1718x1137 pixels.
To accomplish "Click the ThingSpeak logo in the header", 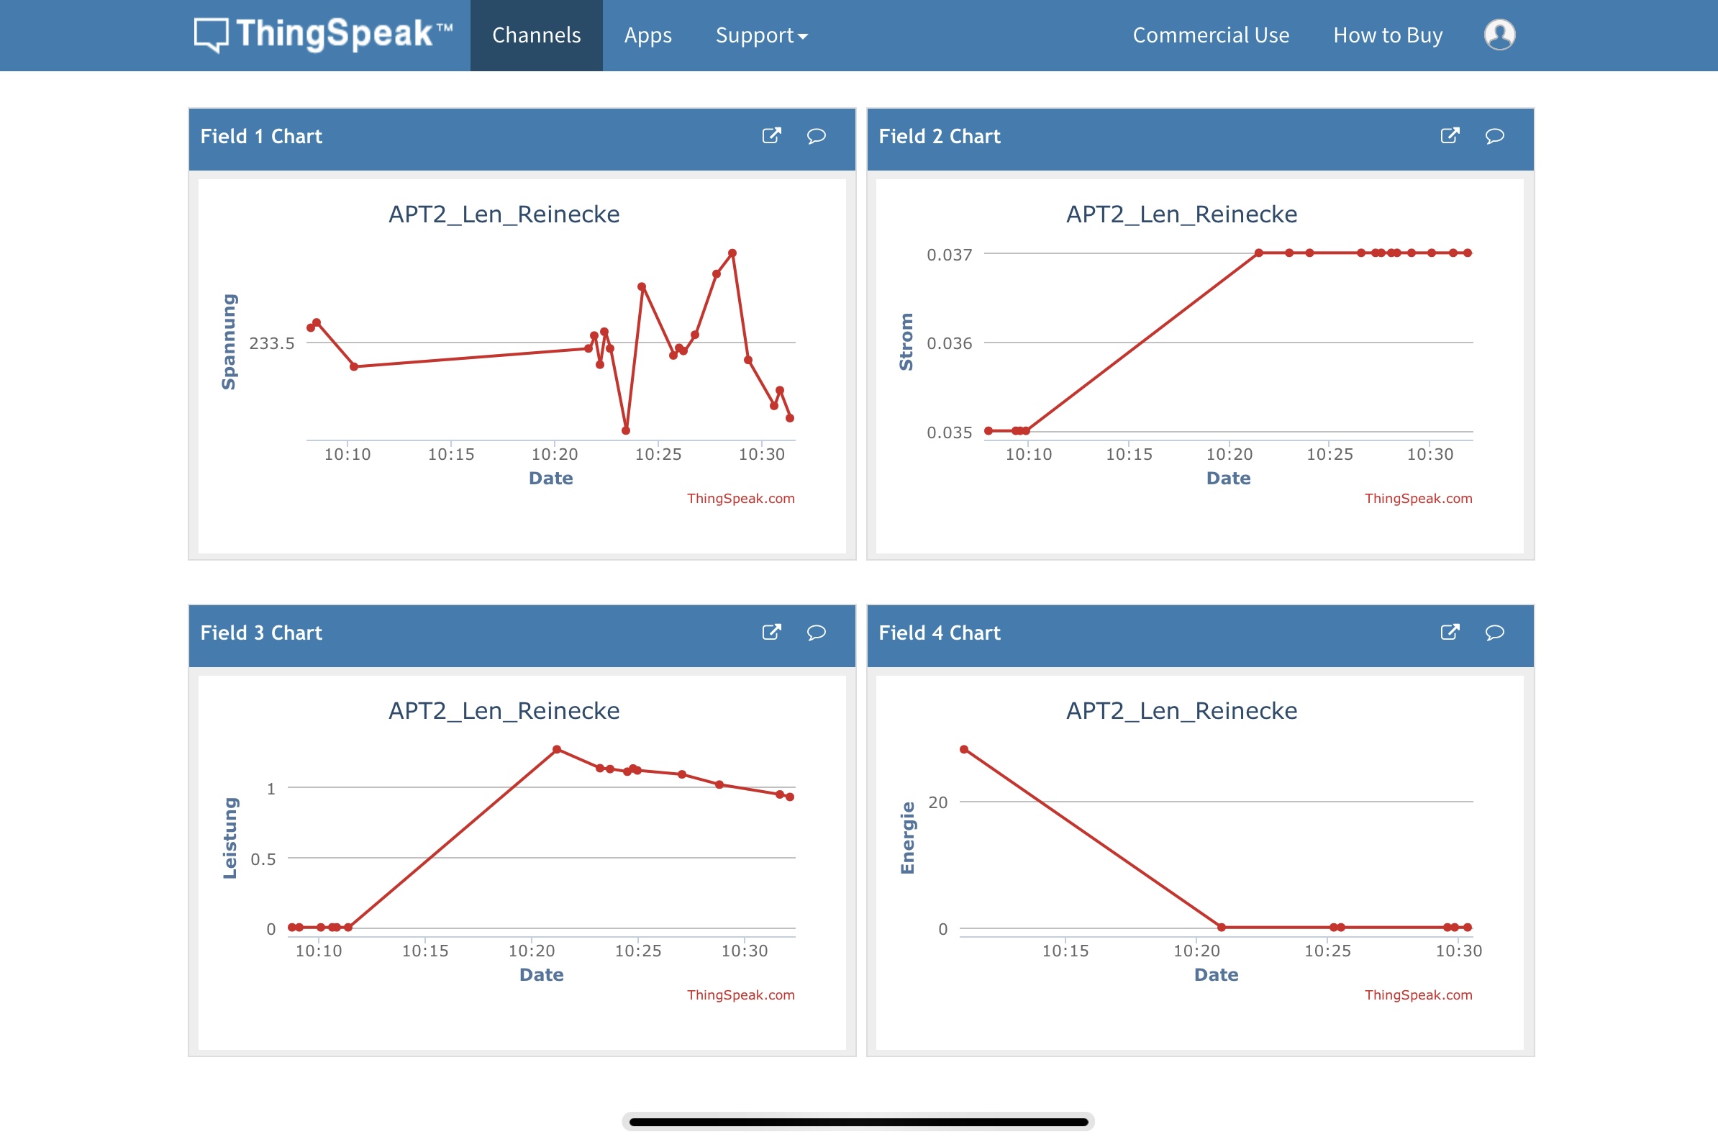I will [x=323, y=35].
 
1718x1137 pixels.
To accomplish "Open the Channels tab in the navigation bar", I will [x=537, y=35].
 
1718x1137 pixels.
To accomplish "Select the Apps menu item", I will [x=647, y=35].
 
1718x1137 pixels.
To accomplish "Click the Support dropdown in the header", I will [x=761, y=35].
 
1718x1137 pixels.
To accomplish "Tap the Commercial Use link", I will [x=1211, y=35].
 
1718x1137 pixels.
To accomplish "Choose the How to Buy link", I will [x=1388, y=35].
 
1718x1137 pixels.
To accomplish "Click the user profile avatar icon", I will [x=1499, y=35].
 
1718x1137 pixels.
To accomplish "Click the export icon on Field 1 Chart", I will [x=771, y=135].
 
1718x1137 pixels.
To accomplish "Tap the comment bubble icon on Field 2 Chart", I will [x=1494, y=135].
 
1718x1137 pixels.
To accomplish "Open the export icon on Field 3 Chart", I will [x=771, y=633].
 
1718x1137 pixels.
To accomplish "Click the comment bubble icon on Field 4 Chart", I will [x=1494, y=633].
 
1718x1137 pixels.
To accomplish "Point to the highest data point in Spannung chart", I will [x=733, y=253].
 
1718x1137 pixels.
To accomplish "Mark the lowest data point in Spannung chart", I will [x=626, y=431].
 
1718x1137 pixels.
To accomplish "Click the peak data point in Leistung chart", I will [x=557, y=749].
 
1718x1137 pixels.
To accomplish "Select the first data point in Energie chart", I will [x=964, y=749].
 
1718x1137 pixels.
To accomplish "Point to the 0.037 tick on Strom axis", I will [x=949, y=255].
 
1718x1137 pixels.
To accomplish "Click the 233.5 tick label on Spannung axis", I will [x=272, y=343].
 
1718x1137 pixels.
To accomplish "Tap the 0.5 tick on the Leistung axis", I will [x=263, y=859].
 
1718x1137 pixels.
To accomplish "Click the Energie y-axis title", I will [x=908, y=838].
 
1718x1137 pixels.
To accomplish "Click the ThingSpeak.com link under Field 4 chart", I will [x=1418, y=995].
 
